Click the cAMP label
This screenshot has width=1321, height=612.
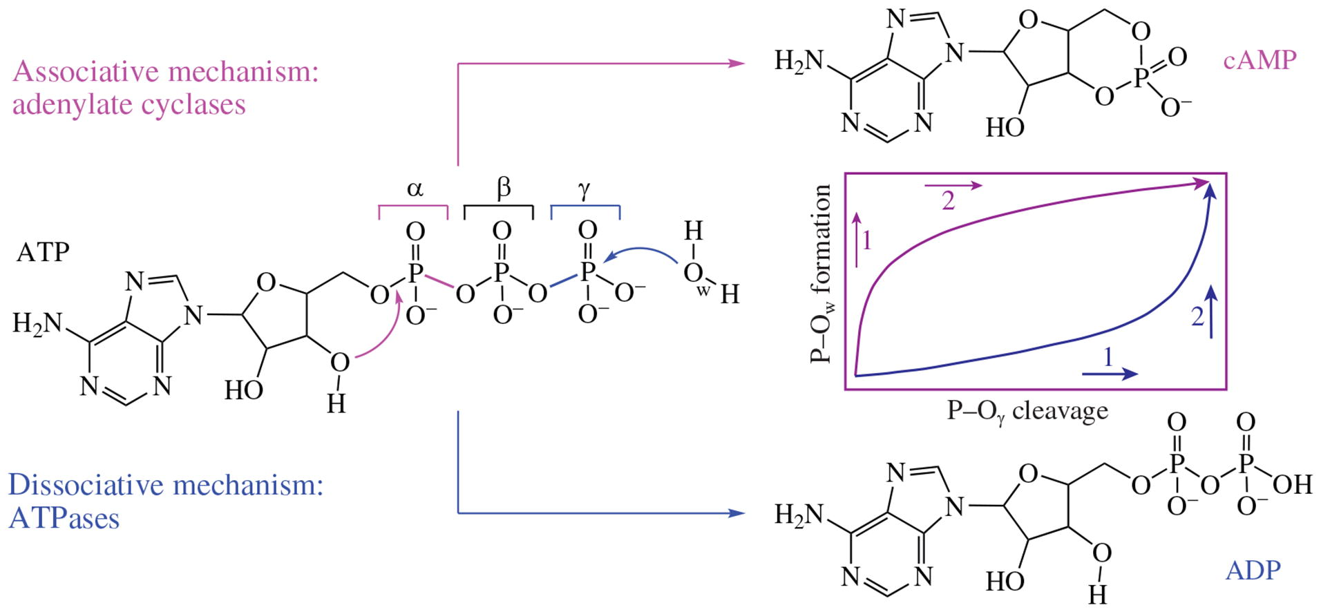[1259, 61]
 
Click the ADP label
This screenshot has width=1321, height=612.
[1253, 571]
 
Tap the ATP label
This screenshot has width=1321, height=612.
[43, 253]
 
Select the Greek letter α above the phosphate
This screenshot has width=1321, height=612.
[415, 188]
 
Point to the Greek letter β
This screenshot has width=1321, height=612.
[504, 187]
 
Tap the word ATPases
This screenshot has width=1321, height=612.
[64, 519]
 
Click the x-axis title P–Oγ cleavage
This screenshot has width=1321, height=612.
[1027, 412]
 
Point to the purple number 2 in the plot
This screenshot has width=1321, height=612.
[948, 201]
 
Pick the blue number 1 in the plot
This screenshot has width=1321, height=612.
[1108, 357]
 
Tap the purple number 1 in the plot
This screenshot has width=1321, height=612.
[867, 240]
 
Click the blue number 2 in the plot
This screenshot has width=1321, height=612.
[1197, 316]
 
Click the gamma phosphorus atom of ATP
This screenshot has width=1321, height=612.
[587, 271]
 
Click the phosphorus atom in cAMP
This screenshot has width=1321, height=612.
[1141, 77]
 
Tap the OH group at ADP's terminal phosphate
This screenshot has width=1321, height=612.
[1291, 484]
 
